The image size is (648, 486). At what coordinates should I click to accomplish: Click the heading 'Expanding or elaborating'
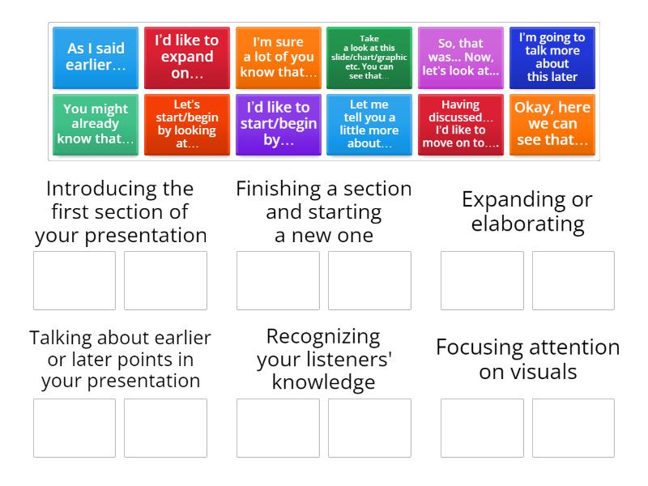526,211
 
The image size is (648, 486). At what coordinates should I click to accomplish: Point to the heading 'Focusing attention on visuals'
527,359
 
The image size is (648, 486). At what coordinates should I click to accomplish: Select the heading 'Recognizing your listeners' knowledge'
323,359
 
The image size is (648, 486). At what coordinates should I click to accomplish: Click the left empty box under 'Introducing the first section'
75,280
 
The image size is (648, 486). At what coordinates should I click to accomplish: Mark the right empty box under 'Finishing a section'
369,280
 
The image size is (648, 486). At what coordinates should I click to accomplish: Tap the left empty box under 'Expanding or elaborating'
482,280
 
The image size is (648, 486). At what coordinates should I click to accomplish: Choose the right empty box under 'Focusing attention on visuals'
573,428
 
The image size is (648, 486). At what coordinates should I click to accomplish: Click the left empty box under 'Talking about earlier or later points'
75,428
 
